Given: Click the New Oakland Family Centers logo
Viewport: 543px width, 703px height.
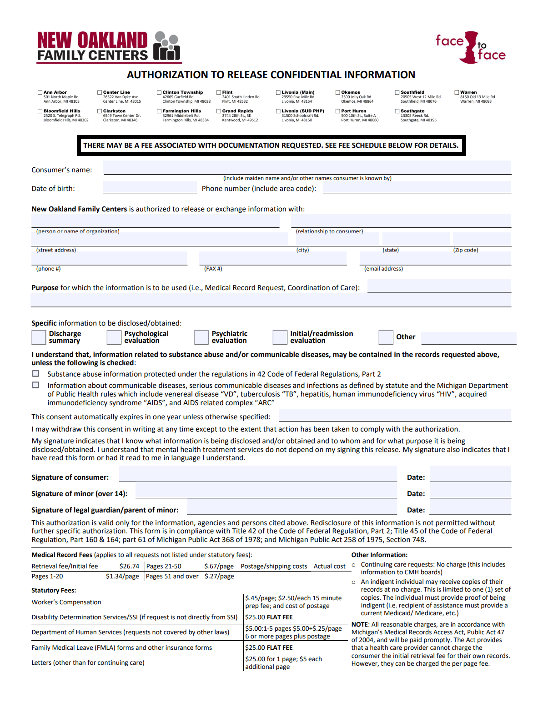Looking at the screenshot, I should tap(109, 46).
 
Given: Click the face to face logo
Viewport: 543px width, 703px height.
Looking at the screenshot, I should tap(470, 47).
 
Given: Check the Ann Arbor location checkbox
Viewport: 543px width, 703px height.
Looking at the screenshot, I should tap(40, 92).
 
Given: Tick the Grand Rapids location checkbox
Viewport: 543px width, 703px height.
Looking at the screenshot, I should tap(219, 111).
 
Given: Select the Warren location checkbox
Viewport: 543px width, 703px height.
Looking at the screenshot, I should tap(457, 92).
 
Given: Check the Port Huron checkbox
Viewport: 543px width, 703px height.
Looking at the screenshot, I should tap(338, 111).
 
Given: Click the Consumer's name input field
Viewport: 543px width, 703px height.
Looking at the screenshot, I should tap(307, 167).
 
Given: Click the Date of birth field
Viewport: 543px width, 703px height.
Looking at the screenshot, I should tap(150, 187).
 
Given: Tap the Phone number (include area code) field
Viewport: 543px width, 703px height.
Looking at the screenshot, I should tap(417, 187).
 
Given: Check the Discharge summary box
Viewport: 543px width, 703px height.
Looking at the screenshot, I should tap(39, 337).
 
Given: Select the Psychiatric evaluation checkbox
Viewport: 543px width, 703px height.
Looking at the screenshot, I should tap(201, 337).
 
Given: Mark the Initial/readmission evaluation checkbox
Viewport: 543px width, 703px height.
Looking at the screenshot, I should tap(280, 337).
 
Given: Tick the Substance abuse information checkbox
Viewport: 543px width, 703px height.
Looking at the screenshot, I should tap(35, 374).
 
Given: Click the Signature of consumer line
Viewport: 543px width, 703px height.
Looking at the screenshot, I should tap(258, 475).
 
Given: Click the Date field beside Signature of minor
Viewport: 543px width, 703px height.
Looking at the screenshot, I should tap(470, 492).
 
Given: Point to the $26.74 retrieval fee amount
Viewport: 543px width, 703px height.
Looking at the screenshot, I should tap(129, 566).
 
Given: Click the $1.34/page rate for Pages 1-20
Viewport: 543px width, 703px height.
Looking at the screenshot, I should tap(122, 576).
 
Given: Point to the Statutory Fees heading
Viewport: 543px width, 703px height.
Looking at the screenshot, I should tap(54, 590).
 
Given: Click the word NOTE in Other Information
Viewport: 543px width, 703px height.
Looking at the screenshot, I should tap(359, 624).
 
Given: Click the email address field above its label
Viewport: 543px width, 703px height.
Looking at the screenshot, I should tap(435, 259).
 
